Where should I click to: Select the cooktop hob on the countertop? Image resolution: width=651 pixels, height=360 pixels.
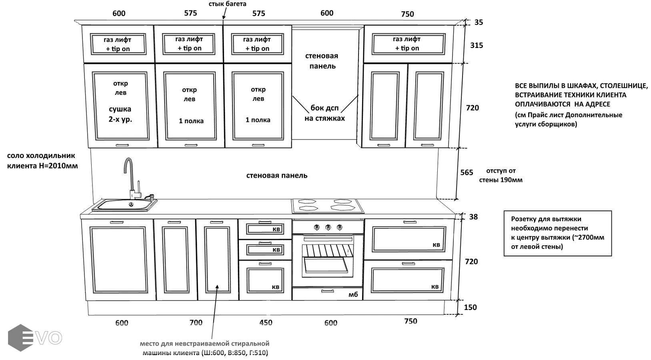coord(327,206)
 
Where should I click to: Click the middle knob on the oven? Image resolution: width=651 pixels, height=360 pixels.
coord(328,227)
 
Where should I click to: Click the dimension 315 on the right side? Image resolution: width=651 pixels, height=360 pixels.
coord(476,45)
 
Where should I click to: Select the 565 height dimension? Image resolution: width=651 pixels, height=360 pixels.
coord(467,172)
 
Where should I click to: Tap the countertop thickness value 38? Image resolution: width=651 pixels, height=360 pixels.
coord(473,217)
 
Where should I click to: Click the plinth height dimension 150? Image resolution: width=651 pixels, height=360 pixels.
coord(470,307)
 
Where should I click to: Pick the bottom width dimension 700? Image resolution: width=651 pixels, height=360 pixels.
coord(196,322)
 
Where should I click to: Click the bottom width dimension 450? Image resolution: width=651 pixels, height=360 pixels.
coord(266,322)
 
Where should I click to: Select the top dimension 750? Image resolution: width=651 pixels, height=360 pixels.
coord(407,14)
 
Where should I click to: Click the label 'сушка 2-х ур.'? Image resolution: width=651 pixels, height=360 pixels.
coord(120,114)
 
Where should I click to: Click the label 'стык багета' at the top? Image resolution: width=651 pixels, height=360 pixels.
coord(227,4)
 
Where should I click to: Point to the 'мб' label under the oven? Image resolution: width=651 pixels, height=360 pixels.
coord(353,295)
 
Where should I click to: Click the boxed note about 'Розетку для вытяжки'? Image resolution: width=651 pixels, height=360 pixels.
coord(557,233)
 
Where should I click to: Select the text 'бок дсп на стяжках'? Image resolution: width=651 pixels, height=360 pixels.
coord(324,113)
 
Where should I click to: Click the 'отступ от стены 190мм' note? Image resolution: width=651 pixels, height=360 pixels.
coord(501,175)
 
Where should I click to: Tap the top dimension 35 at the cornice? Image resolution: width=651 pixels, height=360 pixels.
coord(479,22)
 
